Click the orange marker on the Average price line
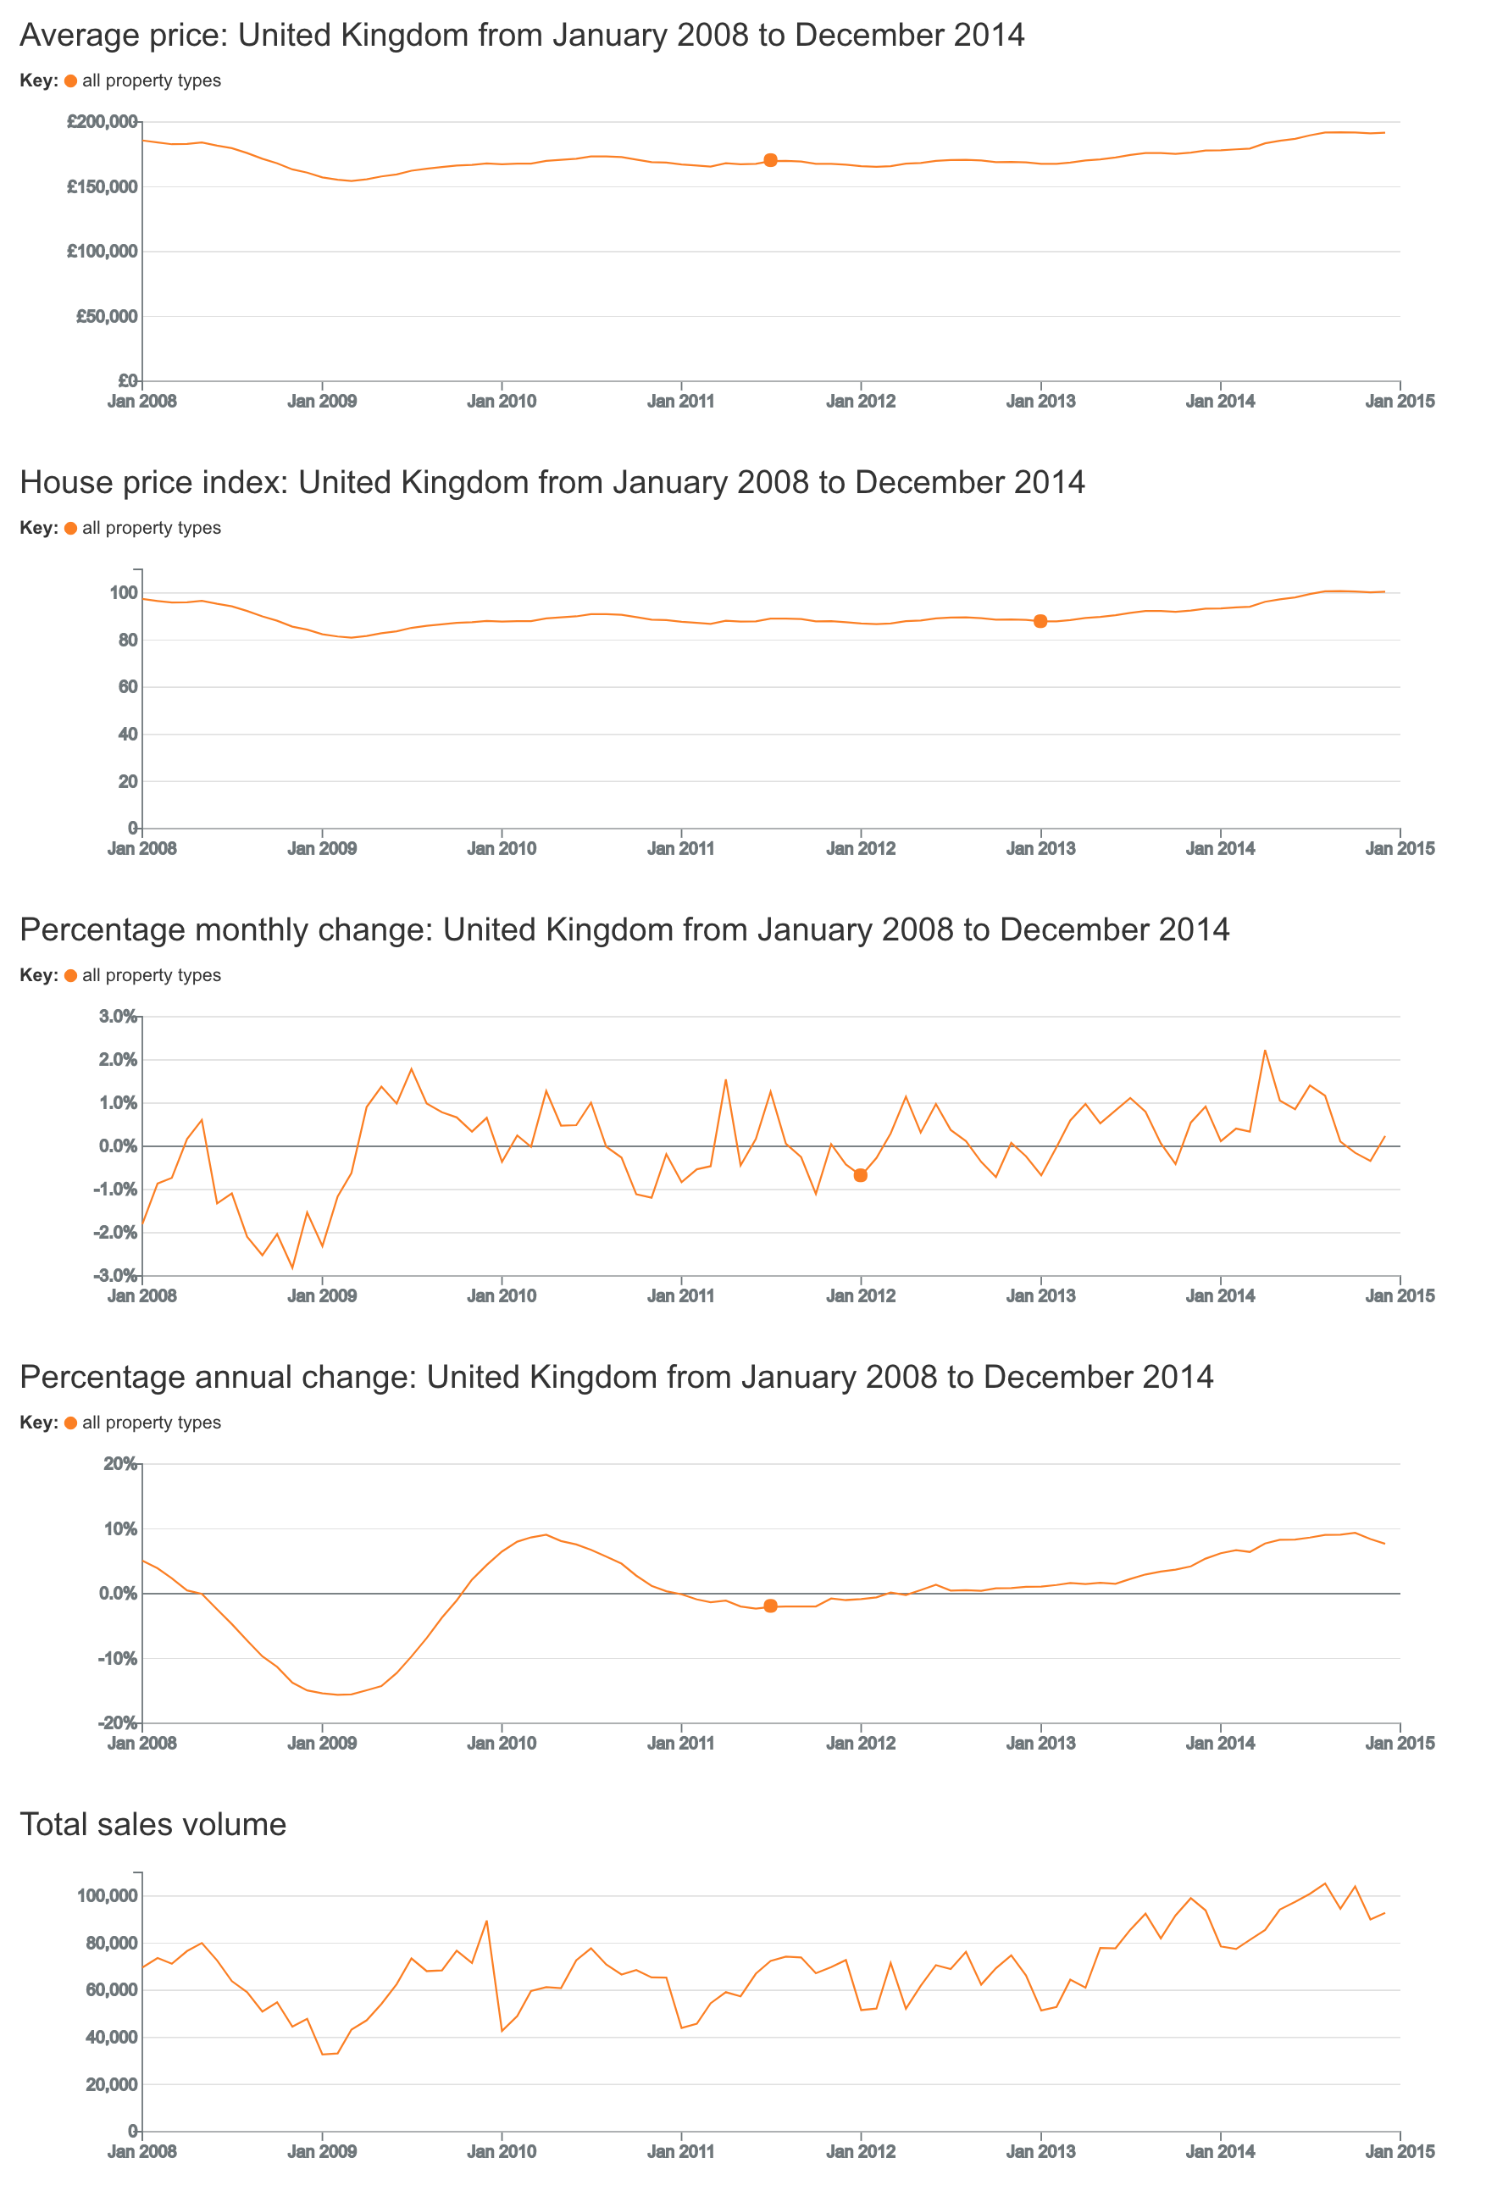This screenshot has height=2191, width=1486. click(x=770, y=160)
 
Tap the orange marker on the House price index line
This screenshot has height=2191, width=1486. click(x=1040, y=621)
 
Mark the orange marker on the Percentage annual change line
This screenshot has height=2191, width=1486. click(x=770, y=1606)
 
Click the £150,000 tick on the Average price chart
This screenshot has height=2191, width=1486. click(x=102, y=186)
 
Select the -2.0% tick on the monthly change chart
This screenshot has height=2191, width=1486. click(x=114, y=1233)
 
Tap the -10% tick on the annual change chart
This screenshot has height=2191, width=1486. click(x=117, y=1658)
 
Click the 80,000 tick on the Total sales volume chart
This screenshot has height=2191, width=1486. click(x=111, y=1943)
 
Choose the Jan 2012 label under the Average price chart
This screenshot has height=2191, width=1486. click(x=860, y=402)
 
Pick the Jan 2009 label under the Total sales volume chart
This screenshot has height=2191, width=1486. click(x=322, y=2151)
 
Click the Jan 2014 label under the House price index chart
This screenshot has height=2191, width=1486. click(x=1219, y=848)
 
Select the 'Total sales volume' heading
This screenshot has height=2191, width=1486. click(x=152, y=1824)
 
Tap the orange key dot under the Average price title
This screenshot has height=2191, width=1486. click(x=70, y=81)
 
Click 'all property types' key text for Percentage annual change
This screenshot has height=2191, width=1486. click(x=151, y=1423)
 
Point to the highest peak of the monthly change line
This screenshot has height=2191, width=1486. click(x=1264, y=1051)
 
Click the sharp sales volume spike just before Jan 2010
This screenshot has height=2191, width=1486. click(x=486, y=1922)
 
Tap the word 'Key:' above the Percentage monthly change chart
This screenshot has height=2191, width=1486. click(x=39, y=976)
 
